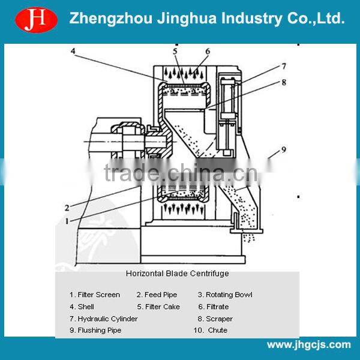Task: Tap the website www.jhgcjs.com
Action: click(x=308, y=344)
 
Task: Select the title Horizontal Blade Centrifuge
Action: click(x=177, y=274)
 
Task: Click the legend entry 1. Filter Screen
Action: click(x=95, y=295)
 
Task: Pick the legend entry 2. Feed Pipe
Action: click(x=157, y=295)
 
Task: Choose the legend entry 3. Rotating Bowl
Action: click(x=225, y=295)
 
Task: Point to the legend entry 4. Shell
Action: click(x=82, y=307)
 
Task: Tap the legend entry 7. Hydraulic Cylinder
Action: click(x=103, y=319)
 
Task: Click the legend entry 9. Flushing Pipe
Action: click(x=95, y=331)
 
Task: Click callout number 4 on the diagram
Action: click(x=73, y=52)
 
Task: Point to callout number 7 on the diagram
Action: click(x=284, y=66)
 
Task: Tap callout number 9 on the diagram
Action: click(x=284, y=149)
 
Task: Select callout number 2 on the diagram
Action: click(x=67, y=208)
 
